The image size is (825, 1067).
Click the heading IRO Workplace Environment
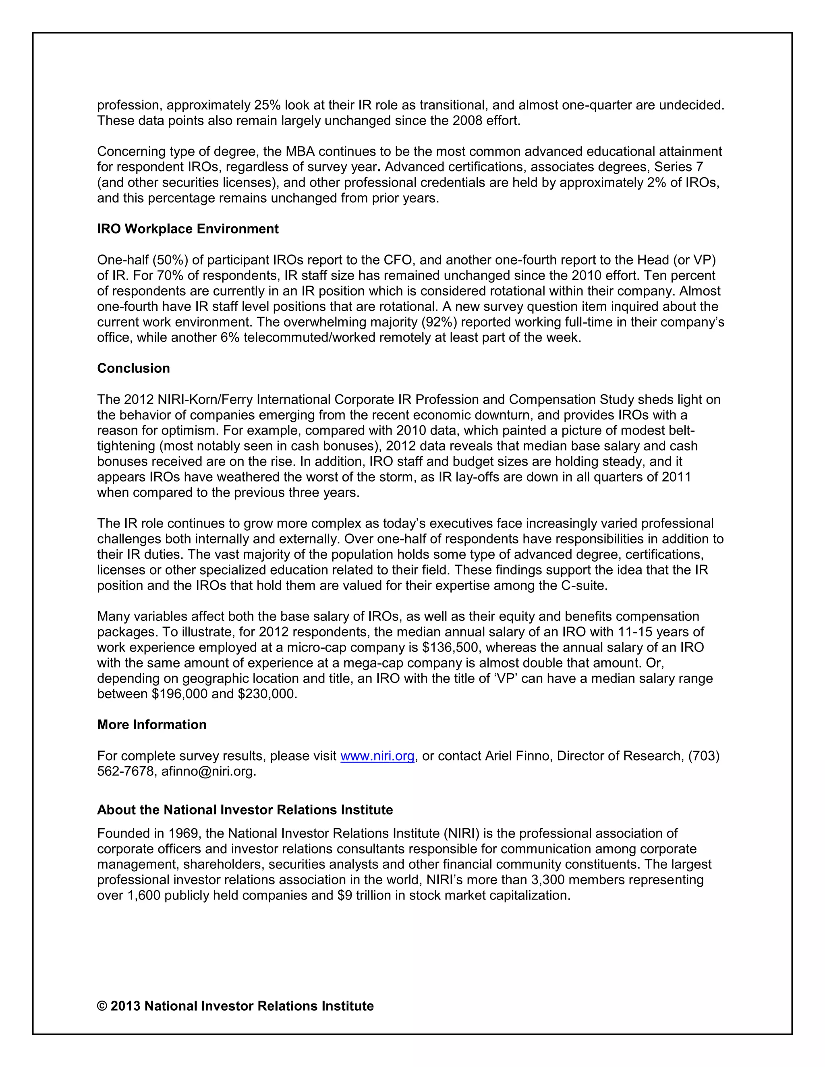(x=188, y=229)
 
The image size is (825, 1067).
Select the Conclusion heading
(x=133, y=368)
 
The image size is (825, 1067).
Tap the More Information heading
(x=151, y=724)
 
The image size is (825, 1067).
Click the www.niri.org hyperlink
(x=377, y=756)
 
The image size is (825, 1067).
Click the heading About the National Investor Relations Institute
(x=245, y=810)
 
